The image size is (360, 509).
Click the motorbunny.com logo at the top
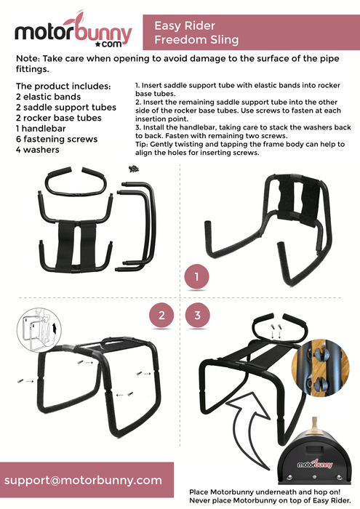[x=73, y=31]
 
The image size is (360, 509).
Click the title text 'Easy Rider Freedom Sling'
[x=196, y=33]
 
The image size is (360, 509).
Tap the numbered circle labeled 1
[x=196, y=276]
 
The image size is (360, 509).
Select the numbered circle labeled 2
[x=161, y=315]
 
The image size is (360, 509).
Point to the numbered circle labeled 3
[x=197, y=315]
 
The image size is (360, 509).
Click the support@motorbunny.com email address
[x=83, y=480]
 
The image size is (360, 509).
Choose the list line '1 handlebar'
[x=41, y=129]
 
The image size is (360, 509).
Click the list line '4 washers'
[x=38, y=150]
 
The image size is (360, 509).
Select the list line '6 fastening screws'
[x=57, y=140]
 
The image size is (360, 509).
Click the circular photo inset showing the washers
[x=321, y=368]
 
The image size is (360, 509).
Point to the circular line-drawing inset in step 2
[x=39, y=330]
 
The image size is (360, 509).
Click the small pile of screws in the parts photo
[x=134, y=169]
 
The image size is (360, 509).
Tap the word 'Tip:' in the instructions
[x=142, y=144]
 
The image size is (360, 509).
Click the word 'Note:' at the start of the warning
[x=28, y=58]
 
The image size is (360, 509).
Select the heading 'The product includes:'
[x=63, y=86]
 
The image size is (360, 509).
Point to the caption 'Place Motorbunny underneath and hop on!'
[x=265, y=492]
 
